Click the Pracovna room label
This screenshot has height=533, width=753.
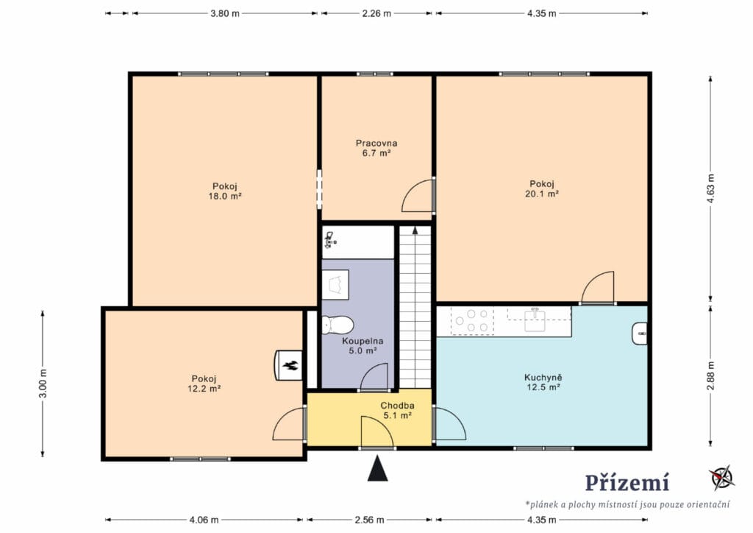[376, 144]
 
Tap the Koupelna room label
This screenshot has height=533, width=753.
[363, 342]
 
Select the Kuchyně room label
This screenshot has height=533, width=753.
[543, 378]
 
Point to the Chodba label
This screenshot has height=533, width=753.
[397, 406]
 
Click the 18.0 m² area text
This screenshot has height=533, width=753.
[225, 196]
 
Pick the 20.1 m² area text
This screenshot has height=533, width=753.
[542, 194]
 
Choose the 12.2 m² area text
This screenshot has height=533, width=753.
[204, 388]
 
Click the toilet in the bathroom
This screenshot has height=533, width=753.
[338, 325]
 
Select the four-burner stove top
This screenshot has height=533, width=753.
[472, 320]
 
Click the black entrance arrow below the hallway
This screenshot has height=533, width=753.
[377, 468]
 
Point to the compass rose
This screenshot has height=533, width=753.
[722, 477]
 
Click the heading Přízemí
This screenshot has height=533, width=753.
[627, 482]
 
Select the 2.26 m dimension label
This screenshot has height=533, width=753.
[376, 13]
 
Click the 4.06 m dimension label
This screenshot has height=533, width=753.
[204, 520]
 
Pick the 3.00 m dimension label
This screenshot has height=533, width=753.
[43, 383]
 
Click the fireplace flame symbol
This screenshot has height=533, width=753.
[290, 366]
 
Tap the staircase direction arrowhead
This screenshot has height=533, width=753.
[415, 230]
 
